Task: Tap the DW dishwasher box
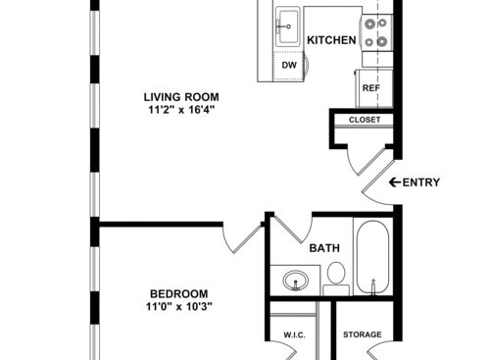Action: [289, 66]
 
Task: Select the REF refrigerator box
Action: [370, 88]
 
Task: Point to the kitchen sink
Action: [288, 27]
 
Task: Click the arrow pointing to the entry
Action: [394, 181]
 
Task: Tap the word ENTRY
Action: [421, 181]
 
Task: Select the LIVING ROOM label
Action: [181, 97]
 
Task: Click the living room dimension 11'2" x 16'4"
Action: [181, 111]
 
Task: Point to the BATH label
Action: [324, 248]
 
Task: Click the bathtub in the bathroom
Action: [374, 258]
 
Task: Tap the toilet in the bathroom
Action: [335, 276]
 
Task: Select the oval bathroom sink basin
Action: [295, 283]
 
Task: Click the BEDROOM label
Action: [178, 294]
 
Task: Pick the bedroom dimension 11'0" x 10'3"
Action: [178, 307]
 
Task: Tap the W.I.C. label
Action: [295, 335]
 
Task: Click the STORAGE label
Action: [362, 335]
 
